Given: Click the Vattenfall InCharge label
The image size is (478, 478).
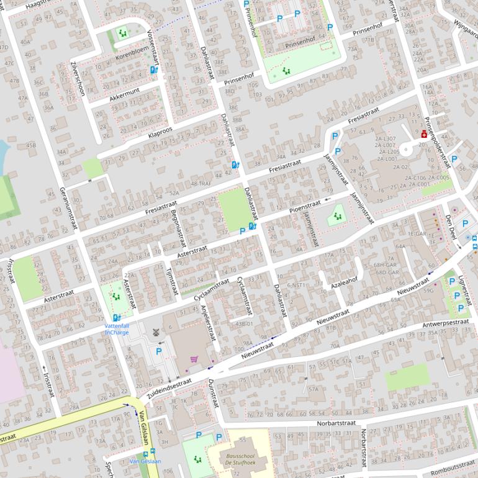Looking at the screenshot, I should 117,328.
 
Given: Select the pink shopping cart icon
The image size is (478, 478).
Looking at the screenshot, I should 194,359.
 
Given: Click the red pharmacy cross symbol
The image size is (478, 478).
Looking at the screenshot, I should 424,133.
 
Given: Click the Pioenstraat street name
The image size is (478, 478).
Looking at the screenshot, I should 305,205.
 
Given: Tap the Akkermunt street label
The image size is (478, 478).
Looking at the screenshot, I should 124,94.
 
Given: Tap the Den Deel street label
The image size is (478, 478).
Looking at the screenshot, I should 450,225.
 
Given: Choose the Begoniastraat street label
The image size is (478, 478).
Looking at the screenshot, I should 177,228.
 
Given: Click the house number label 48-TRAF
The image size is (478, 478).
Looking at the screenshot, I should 202,184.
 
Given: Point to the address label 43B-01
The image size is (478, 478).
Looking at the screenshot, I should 244,324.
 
